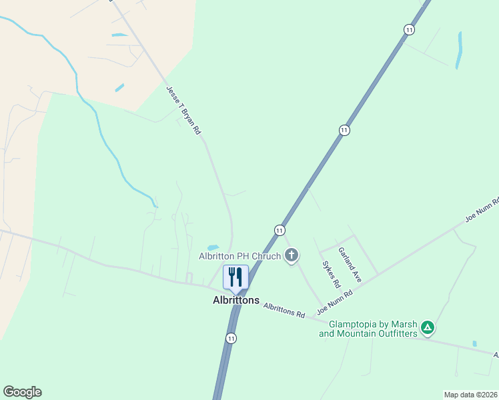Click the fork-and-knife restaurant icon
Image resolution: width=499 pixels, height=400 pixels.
235,277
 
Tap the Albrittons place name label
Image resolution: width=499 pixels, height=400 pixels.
235,301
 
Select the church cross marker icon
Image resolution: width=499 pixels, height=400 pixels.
291,255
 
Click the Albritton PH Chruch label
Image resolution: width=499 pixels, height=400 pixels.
240,255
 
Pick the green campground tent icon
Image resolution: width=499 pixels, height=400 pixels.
428,328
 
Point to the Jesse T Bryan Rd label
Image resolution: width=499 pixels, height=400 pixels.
183,111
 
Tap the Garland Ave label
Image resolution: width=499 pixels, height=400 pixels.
350,265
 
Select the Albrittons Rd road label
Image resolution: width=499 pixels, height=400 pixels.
284,310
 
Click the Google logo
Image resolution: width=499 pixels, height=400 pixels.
22,392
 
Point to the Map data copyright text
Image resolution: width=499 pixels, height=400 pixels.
470,395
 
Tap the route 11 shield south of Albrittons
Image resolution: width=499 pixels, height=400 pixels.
231,338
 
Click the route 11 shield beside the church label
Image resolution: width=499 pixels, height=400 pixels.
280,230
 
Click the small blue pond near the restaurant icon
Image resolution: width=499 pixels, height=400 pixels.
213,247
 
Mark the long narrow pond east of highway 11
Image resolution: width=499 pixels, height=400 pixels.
459,50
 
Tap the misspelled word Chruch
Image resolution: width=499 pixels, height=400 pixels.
266,255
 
